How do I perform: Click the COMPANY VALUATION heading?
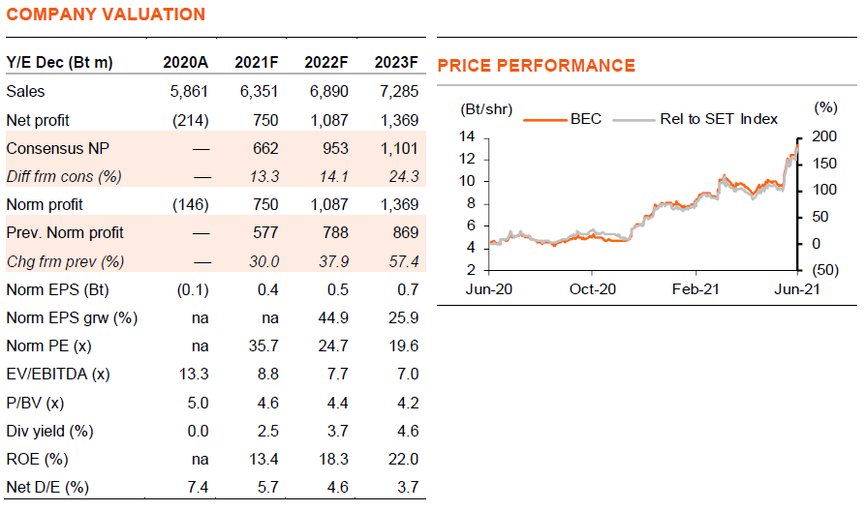[106, 15]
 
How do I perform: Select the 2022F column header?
[325, 62]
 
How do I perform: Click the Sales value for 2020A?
[189, 92]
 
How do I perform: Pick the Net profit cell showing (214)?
[190, 120]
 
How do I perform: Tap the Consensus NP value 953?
[335, 148]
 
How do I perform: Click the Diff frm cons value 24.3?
[403, 176]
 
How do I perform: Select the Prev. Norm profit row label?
[65, 233]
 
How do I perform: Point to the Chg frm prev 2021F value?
[264, 261]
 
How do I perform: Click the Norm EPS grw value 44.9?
[333, 317]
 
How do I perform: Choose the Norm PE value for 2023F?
[403, 346]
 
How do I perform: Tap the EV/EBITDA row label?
[58, 375]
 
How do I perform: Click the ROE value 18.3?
[333, 459]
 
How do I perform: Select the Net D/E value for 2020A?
[198, 487]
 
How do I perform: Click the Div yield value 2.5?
[268, 431]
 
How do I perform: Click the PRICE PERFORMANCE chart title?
[537, 66]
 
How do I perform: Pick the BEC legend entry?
[562, 119]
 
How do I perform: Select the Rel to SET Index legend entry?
[696, 119]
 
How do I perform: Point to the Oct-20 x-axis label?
[592, 289]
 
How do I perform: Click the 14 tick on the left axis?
[467, 136]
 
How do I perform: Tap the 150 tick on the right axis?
[824, 164]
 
